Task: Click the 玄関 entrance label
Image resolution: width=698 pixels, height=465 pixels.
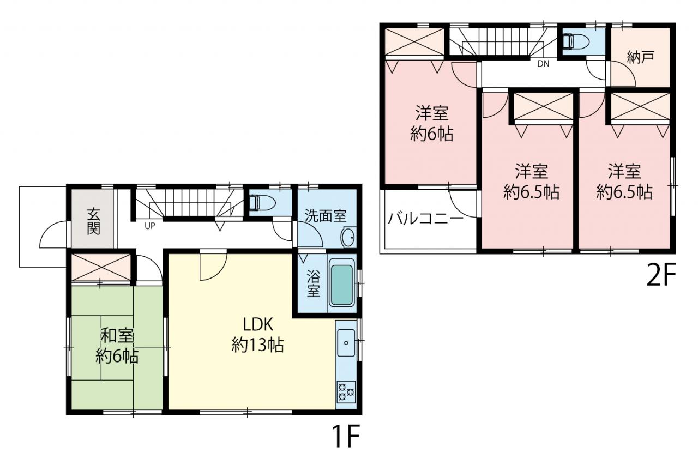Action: [x=93, y=221]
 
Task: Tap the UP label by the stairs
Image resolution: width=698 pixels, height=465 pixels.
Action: [x=149, y=226]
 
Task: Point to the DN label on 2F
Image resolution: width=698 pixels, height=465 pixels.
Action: [x=543, y=64]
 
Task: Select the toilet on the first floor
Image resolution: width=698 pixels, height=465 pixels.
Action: [x=262, y=203]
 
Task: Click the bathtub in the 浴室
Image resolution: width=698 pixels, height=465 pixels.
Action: [x=342, y=285]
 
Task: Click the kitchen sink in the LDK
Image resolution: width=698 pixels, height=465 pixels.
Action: [x=346, y=342]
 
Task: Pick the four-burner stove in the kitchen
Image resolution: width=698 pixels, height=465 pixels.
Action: [x=346, y=391]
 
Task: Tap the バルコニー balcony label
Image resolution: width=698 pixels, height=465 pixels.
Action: [x=426, y=219]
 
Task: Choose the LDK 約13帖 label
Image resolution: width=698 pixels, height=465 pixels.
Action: [x=258, y=335]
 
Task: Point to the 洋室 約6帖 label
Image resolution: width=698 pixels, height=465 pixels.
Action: [x=431, y=123]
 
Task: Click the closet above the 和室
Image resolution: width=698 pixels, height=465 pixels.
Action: [x=101, y=267]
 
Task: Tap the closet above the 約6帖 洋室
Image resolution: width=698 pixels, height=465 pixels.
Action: [x=414, y=42]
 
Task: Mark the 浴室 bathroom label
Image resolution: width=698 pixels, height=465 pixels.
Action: [x=313, y=283]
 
